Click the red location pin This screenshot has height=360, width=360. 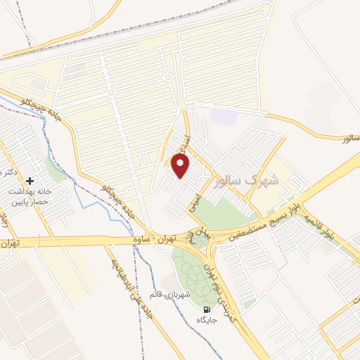coord(181,166)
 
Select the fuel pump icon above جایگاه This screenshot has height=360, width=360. coord(207,309)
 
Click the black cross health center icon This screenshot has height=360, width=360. coord(30,181)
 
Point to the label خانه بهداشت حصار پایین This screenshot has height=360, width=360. coord(30,197)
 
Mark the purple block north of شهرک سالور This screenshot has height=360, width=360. coord(224,117)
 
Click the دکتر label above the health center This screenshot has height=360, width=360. coord(8,172)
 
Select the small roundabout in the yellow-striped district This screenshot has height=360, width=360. coord(167,77)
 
